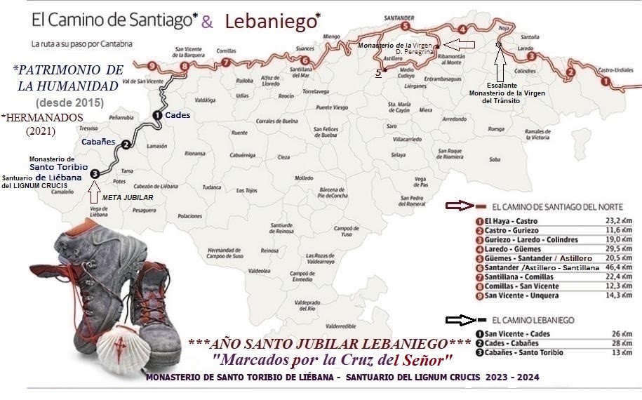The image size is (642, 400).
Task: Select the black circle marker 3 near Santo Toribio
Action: pyautogui.click(x=95, y=173)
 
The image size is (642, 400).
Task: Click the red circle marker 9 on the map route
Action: pyautogui.click(x=152, y=66)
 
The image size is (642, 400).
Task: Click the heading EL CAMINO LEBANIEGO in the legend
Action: pyautogui.click(x=534, y=320)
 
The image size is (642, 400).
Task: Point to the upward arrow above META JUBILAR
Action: pyautogui.click(x=95, y=191)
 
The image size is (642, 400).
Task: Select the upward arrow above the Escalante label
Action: pyautogui.click(x=500, y=65)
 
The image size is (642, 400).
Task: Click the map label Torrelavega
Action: pyautogui.click(x=315, y=91)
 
